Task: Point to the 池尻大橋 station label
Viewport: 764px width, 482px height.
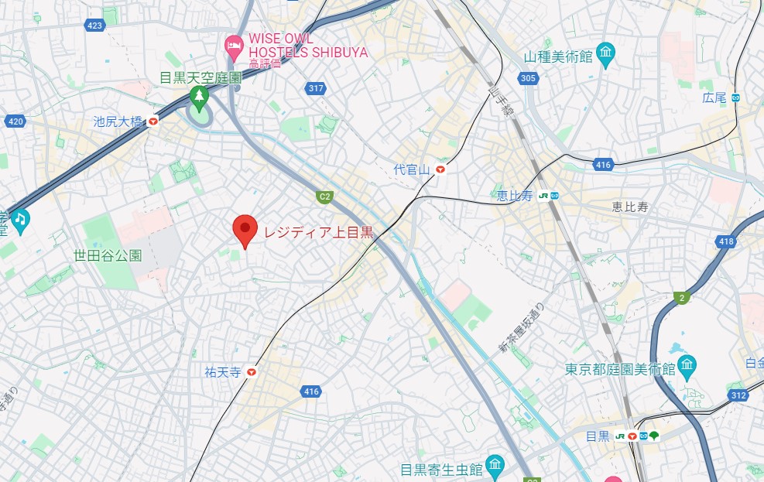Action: (118, 121)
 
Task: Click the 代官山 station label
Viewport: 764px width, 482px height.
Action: (412, 169)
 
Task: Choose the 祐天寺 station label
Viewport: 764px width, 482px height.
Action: (223, 372)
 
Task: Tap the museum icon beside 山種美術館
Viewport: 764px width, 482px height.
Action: (605, 54)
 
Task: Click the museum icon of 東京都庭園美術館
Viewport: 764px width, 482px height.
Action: (686, 366)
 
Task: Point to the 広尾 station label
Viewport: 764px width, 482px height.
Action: (714, 97)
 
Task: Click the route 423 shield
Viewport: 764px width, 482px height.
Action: (95, 26)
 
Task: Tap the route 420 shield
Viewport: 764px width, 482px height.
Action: (15, 121)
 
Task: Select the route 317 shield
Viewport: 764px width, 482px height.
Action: (315, 88)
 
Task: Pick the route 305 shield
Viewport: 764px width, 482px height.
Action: (528, 78)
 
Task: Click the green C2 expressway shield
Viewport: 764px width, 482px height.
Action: (324, 197)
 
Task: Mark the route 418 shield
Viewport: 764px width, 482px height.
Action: (725, 242)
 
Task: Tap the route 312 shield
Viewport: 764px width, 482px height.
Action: (738, 395)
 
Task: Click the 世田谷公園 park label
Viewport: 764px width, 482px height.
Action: (108, 255)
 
